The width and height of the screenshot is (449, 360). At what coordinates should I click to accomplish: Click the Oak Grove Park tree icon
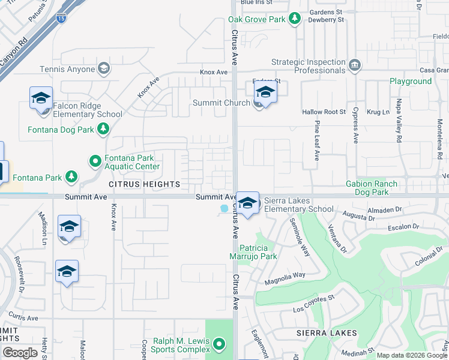(x=294, y=19)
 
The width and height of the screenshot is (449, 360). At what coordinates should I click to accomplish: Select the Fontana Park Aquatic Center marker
(x=95, y=161)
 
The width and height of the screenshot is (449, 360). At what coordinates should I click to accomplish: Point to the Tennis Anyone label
(x=67, y=69)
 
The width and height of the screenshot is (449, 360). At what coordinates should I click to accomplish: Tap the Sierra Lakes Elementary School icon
(x=247, y=203)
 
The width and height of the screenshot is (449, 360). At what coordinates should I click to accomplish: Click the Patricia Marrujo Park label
(x=258, y=252)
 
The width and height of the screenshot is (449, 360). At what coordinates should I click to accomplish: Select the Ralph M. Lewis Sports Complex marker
(x=219, y=344)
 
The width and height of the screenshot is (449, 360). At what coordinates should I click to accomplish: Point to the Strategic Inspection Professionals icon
(x=354, y=64)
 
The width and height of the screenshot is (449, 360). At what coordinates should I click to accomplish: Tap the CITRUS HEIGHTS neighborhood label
(x=144, y=183)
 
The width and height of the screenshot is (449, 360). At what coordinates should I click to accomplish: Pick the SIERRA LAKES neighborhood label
(x=327, y=333)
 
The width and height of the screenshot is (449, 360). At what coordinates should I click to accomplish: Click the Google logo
(x=20, y=353)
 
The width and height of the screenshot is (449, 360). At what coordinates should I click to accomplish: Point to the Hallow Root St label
(x=324, y=112)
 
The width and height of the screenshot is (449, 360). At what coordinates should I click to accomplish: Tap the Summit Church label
(x=221, y=103)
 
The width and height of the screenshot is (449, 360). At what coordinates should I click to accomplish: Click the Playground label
(x=411, y=81)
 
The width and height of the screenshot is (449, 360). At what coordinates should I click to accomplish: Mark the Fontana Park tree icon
(x=72, y=176)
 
